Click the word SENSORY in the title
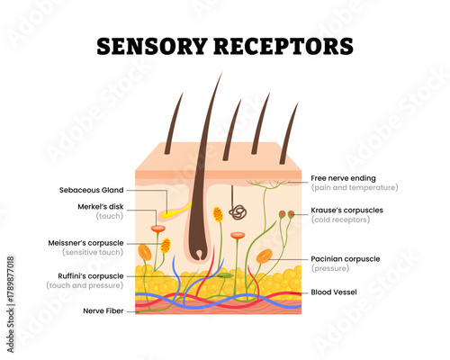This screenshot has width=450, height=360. [x=153, y=46]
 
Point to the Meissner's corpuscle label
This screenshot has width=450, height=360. [x=85, y=243]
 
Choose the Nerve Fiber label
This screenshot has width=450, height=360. [x=104, y=310]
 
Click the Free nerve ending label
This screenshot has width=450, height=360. [x=344, y=178]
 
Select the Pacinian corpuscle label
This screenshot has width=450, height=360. [x=346, y=258]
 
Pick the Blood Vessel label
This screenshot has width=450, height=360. [x=336, y=292]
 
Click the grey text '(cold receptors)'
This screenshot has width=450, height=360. [x=340, y=220]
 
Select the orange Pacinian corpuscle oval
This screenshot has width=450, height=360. [x=264, y=256]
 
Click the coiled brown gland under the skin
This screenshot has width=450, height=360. [x=238, y=212]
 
